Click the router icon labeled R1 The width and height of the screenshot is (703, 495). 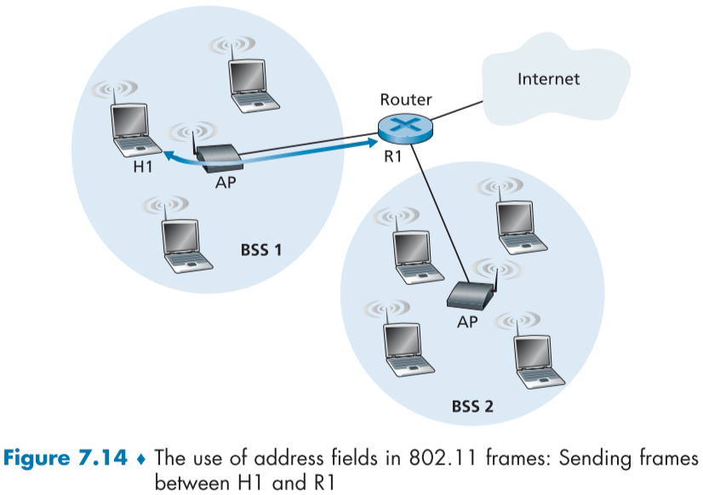point(405,127)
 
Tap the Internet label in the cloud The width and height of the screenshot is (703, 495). point(548,79)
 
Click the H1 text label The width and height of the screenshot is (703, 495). point(143,167)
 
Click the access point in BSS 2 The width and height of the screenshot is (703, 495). point(467,294)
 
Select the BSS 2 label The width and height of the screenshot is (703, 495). point(472,405)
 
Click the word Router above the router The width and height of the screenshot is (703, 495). point(405,100)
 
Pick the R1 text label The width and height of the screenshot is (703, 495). point(391,157)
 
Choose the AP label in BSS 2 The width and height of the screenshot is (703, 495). point(467,322)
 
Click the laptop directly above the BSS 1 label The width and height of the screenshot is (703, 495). point(183,242)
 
